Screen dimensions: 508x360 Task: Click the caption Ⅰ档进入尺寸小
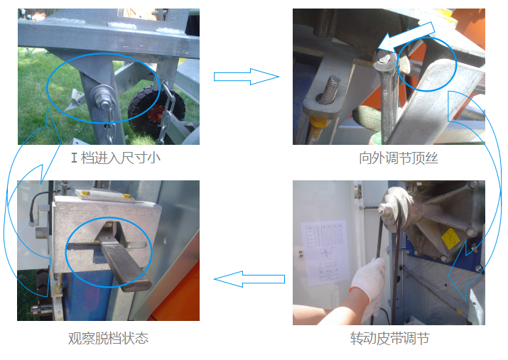tap(116, 158)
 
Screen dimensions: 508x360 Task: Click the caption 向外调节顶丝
tap(399, 158)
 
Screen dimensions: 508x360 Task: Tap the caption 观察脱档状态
tap(108, 338)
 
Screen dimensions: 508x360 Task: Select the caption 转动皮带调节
tap(390, 338)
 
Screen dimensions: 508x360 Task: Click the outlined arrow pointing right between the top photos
tap(247, 77)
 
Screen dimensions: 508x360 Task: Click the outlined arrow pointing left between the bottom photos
tap(249, 279)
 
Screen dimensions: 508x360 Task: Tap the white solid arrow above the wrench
tap(406, 36)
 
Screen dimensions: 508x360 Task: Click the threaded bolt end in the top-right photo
tap(330, 89)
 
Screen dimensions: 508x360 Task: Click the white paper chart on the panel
tap(324, 253)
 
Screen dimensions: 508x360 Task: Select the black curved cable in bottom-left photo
tap(38, 207)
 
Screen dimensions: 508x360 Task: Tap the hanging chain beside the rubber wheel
tap(167, 111)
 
